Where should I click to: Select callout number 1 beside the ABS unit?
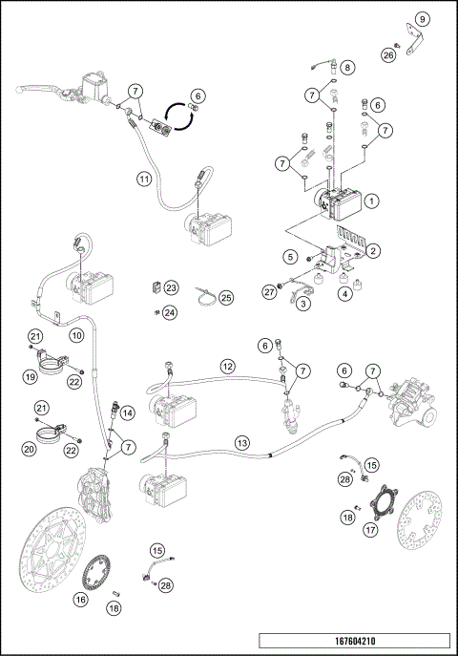(x=373, y=201)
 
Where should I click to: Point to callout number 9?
(x=423, y=18)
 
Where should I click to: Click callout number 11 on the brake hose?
(x=143, y=179)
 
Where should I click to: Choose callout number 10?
(x=76, y=335)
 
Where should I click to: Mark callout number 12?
(x=227, y=366)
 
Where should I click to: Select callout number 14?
(x=128, y=413)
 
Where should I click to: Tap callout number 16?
(x=79, y=599)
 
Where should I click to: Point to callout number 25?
(x=226, y=297)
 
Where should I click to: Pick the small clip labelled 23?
(x=153, y=287)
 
